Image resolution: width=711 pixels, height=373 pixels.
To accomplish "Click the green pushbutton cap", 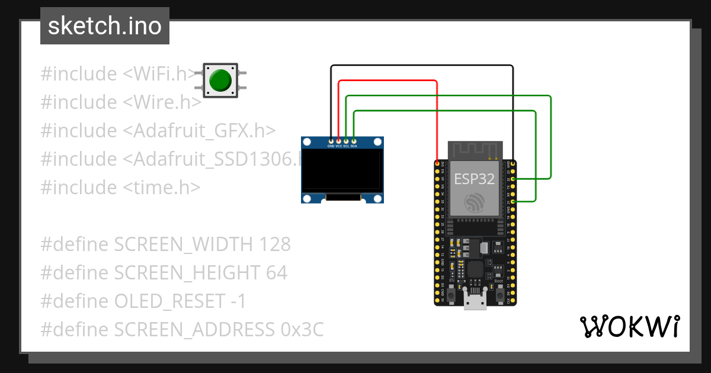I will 220,81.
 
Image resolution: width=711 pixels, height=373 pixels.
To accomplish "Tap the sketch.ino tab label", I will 104,26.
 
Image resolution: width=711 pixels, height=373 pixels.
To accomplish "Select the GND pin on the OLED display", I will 331,141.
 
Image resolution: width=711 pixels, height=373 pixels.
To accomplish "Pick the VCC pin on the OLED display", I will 339,141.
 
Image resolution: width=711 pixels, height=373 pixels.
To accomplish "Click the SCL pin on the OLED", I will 346,141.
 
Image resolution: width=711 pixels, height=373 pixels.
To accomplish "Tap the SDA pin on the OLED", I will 354,141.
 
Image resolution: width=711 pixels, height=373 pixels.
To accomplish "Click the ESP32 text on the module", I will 474,179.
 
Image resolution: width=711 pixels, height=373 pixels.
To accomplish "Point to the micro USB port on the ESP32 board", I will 475,303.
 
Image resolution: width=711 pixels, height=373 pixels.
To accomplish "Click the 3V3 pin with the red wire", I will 438,163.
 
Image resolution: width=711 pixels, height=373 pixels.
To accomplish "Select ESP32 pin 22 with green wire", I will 513,178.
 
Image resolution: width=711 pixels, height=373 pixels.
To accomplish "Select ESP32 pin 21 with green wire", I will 513,202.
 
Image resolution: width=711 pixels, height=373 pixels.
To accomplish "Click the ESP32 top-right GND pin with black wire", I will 513,163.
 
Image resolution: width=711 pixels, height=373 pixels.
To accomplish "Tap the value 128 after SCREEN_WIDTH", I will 276,244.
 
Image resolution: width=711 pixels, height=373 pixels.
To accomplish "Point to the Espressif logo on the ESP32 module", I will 475,203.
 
